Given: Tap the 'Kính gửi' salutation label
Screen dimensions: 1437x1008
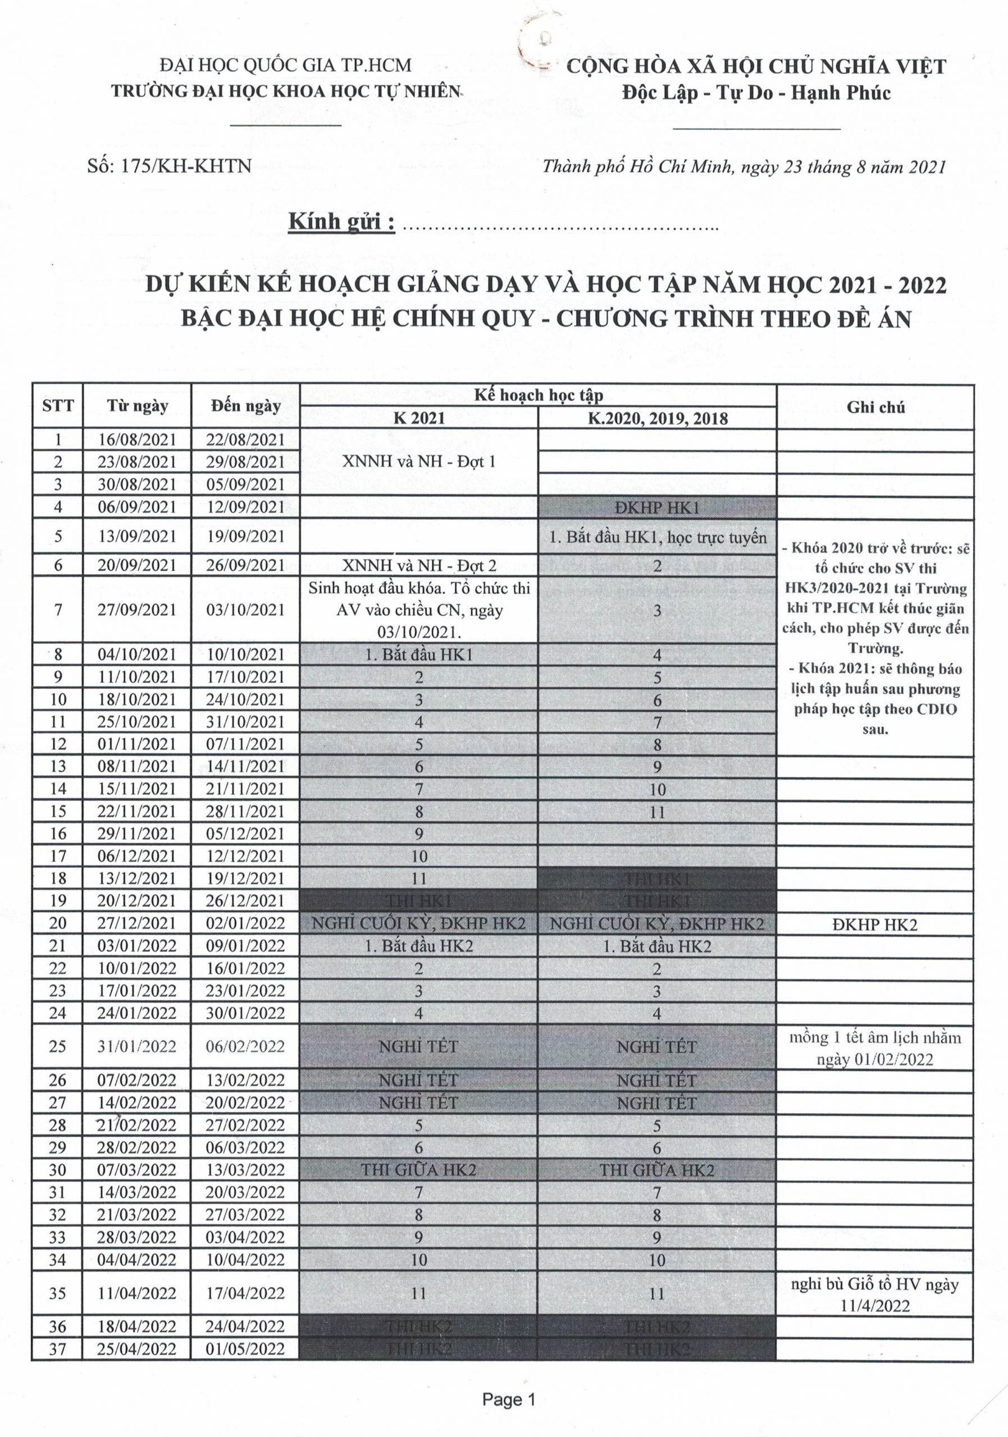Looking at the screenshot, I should [x=342, y=222].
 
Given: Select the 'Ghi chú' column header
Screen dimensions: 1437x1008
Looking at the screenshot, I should [x=875, y=407].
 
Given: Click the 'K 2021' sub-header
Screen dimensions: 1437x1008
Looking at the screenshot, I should [x=419, y=418].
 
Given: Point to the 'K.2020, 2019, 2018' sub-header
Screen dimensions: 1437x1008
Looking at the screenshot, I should [x=657, y=418].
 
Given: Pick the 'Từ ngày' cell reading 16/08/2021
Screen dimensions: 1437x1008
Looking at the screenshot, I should [x=137, y=440].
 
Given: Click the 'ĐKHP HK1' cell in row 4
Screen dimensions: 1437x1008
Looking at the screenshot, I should [x=657, y=507].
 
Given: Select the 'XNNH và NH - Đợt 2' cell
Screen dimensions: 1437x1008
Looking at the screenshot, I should [x=419, y=565].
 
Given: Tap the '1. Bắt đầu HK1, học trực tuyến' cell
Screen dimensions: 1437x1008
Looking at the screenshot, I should [x=657, y=537].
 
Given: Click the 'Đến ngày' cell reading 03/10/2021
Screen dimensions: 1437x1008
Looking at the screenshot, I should [x=245, y=610].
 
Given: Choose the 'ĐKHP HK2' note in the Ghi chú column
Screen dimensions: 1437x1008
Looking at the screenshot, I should [x=875, y=925].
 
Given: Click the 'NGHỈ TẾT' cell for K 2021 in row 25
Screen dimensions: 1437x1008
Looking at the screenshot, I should [x=419, y=1046].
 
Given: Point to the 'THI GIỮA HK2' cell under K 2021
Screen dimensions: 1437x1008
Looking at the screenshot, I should [x=419, y=1170].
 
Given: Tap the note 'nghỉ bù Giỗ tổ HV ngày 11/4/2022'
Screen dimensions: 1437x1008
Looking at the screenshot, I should [x=875, y=1294].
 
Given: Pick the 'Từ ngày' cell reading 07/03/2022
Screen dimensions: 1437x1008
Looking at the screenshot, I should [x=137, y=1170].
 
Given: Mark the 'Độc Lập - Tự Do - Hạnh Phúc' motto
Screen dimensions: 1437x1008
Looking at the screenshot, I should [x=756, y=93].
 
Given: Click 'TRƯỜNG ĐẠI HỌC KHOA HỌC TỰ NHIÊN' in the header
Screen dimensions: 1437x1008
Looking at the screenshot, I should [x=286, y=91].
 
